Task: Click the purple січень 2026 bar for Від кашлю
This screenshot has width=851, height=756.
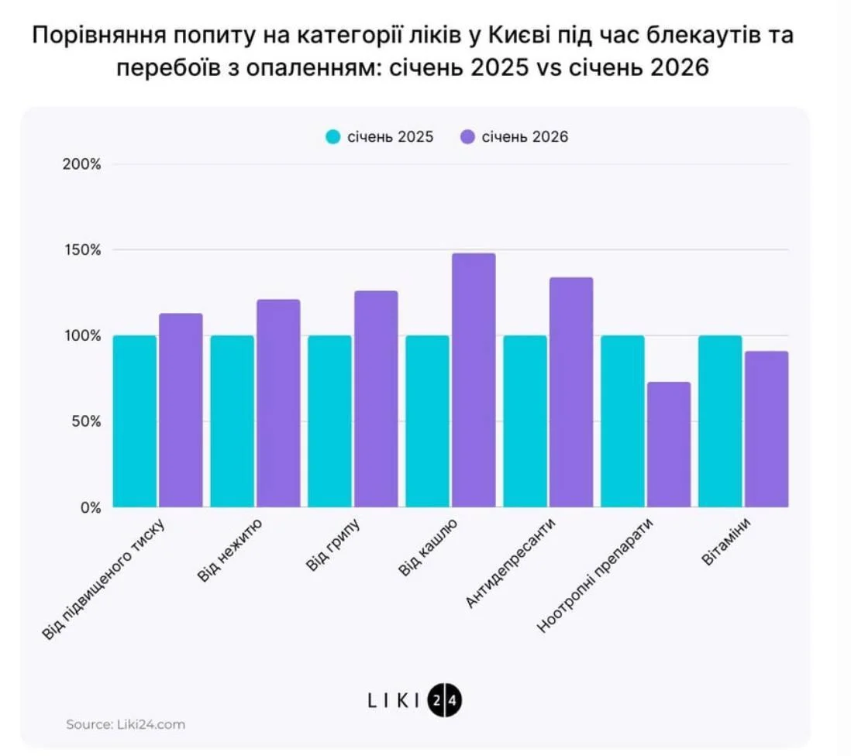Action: coord(474,380)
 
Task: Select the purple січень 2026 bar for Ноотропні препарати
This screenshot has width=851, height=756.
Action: coord(669,445)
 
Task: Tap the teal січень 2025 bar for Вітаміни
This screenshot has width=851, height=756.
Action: coord(720,421)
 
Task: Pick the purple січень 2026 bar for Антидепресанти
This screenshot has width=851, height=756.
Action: coord(571,392)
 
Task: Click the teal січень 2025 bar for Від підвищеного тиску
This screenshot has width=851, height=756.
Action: coord(135,421)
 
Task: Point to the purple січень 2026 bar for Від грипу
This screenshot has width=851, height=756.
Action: coord(376,399)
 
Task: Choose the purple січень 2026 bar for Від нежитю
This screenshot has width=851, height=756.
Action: coord(278,403)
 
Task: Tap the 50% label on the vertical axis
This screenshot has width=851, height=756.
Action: coord(88,422)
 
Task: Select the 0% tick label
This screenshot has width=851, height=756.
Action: coord(91,508)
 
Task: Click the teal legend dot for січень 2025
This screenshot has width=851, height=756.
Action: coord(333,137)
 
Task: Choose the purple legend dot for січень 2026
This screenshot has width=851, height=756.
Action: coord(468,137)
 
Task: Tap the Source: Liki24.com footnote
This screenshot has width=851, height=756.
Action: coord(126,725)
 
